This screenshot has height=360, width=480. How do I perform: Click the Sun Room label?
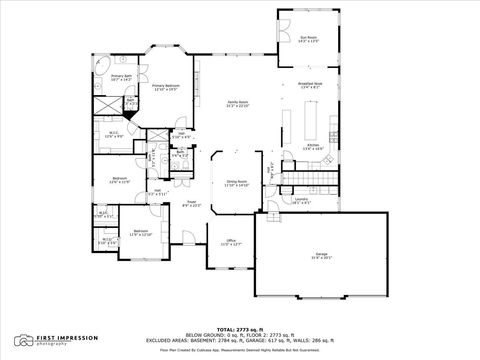[x=308, y=39]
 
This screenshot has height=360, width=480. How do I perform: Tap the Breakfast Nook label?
[x=311, y=85]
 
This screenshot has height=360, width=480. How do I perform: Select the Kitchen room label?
[x=313, y=146]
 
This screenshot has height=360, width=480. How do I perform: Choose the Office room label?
[x=229, y=242]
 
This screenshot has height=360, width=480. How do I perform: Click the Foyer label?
[x=192, y=204]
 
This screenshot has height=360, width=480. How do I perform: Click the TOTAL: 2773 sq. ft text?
[x=239, y=328]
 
